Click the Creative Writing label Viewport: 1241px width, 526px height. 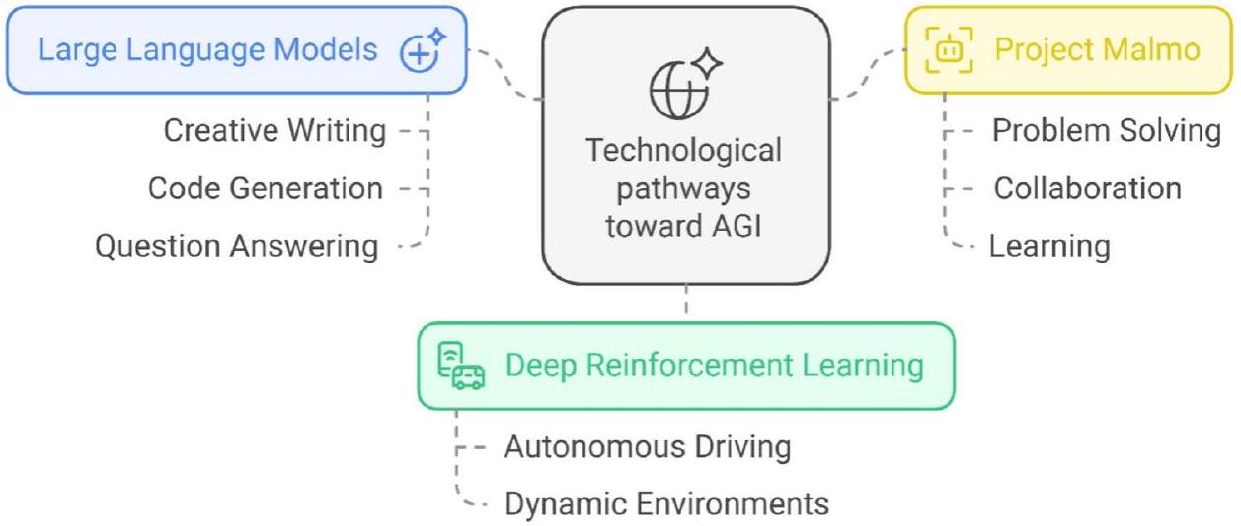[274, 130]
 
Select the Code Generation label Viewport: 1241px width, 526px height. [265, 188]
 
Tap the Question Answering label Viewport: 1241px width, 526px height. [236, 246]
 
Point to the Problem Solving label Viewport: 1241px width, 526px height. [1107, 130]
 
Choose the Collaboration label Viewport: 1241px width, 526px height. [1087, 188]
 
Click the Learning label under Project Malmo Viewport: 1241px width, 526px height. [1049, 246]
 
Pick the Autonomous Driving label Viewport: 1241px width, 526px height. [648, 447]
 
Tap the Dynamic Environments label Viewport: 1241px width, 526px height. [666, 504]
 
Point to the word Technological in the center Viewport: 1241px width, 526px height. [684, 151]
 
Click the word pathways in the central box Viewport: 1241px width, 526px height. [684, 188]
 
